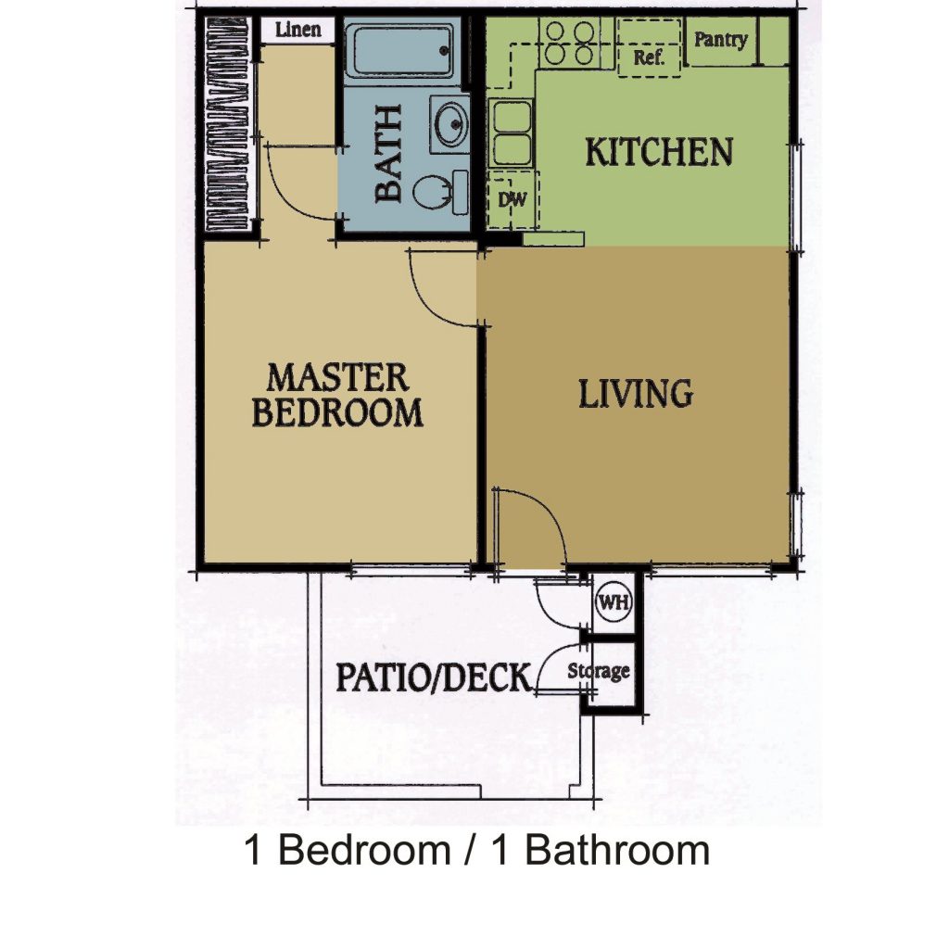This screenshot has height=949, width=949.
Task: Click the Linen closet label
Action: click(x=297, y=30)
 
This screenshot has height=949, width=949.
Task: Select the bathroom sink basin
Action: click(x=451, y=123)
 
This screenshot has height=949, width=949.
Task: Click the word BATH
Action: click(x=388, y=153)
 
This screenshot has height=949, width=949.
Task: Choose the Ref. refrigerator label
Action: click(x=649, y=57)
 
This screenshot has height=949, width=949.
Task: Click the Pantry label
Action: click(x=720, y=40)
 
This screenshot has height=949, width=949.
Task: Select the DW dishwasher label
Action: click(x=512, y=199)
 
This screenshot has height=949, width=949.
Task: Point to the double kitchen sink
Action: click(x=512, y=133)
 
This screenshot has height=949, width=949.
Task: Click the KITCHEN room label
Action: click(x=659, y=152)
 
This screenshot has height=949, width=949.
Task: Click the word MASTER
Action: click(x=337, y=377)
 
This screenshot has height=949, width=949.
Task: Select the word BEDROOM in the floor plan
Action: click(x=337, y=412)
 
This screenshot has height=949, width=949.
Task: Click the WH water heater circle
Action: click(x=614, y=602)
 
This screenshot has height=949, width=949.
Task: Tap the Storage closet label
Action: click(x=599, y=671)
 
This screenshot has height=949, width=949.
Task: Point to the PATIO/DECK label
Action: click(x=434, y=677)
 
